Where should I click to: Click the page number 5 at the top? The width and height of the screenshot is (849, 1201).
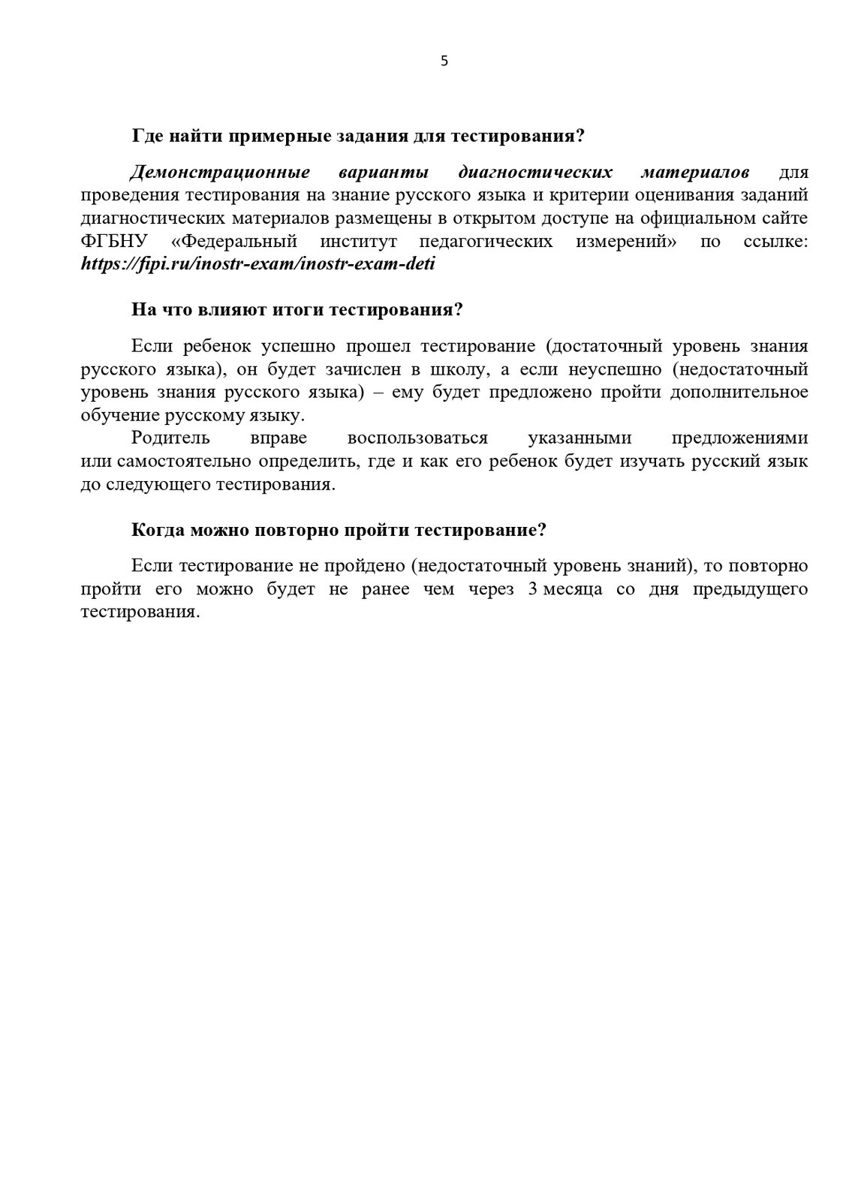(x=444, y=62)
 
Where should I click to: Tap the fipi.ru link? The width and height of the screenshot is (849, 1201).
(x=258, y=264)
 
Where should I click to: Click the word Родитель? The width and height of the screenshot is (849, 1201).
(x=170, y=438)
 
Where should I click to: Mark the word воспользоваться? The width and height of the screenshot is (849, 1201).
(x=417, y=438)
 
